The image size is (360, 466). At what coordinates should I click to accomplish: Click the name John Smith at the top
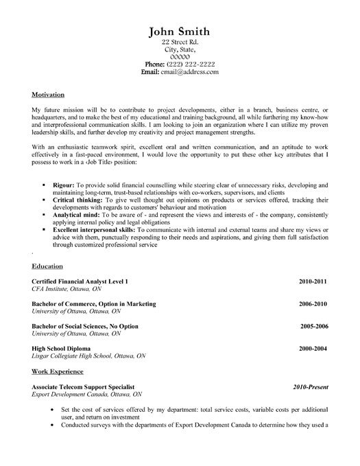[181, 32]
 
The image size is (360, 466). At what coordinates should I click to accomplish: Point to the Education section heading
[47, 266]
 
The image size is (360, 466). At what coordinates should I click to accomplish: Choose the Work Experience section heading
[58, 371]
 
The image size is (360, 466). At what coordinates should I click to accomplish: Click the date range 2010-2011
[312, 282]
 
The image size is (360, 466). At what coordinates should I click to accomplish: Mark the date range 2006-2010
[312, 303]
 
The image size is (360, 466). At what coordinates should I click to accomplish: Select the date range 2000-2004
[312, 349]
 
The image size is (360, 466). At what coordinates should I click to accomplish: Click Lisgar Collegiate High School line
[88, 357]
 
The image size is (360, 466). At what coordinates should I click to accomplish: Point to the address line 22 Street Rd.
[180, 43]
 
